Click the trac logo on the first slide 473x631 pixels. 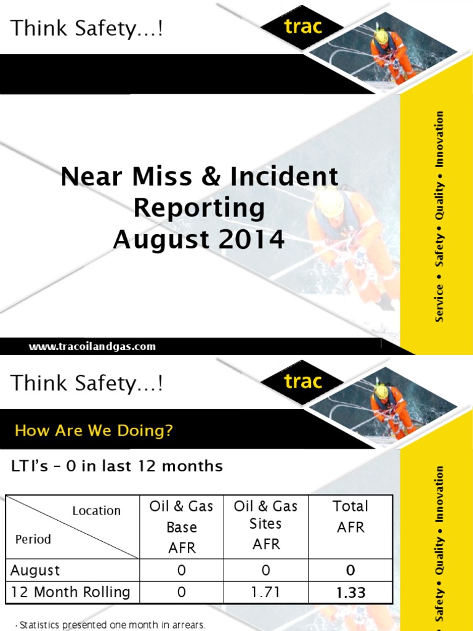[x=303, y=26]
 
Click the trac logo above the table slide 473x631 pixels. [x=303, y=381]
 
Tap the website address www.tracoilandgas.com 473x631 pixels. [x=92, y=346]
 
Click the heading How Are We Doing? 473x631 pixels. [x=94, y=430]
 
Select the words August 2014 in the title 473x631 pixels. [x=199, y=239]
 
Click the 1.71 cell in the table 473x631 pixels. [x=266, y=592]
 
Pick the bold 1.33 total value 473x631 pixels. [x=350, y=593]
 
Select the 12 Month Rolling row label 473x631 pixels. [x=71, y=592]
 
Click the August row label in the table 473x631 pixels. [x=36, y=570]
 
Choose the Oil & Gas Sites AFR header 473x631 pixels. [x=266, y=525]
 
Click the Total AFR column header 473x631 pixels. [x=350, y=516]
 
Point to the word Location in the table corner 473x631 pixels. [x=96, y=510]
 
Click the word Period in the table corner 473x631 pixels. [x=33, y=539]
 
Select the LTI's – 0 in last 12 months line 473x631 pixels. [x=117, y=466]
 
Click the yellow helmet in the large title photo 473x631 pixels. [x=331, y=202]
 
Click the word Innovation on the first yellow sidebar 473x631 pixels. [x=439, y=139]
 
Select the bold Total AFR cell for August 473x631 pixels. [x=350, y=570]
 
